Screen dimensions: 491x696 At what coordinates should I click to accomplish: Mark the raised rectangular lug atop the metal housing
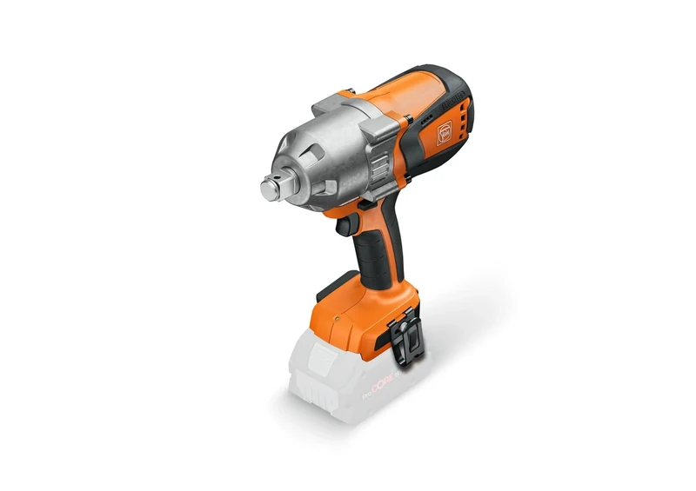click(331, 103)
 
